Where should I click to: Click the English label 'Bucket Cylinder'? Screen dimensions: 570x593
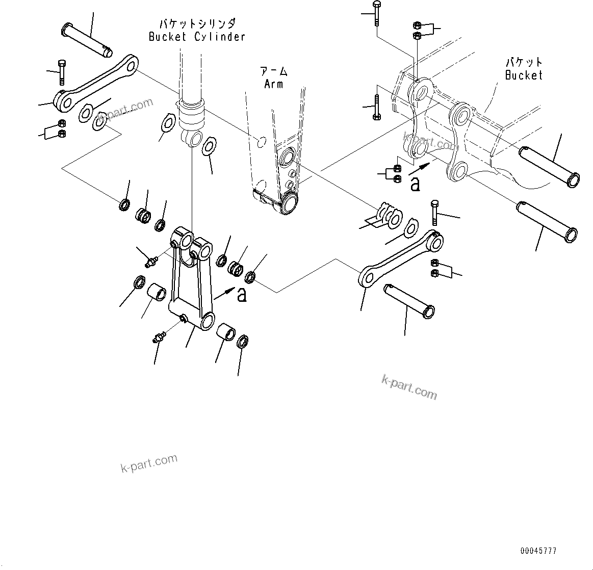pos(197,37)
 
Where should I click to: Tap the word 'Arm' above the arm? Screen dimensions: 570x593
pos(273,84)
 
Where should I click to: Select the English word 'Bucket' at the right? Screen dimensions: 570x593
pos(524,75)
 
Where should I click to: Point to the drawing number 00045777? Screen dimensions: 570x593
pos(538,551)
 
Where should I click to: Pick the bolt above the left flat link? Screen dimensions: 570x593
pos(62,72)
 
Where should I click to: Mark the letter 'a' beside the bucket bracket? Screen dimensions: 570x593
pos(415,184)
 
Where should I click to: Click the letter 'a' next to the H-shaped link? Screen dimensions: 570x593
pos(242,294)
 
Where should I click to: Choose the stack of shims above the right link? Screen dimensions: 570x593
pos(386,215)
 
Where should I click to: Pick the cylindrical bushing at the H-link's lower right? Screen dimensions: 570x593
pos(226,332)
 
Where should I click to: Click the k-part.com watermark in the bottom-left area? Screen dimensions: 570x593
pos(149,463)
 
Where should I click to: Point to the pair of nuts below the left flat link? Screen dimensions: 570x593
pos(61,128)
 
